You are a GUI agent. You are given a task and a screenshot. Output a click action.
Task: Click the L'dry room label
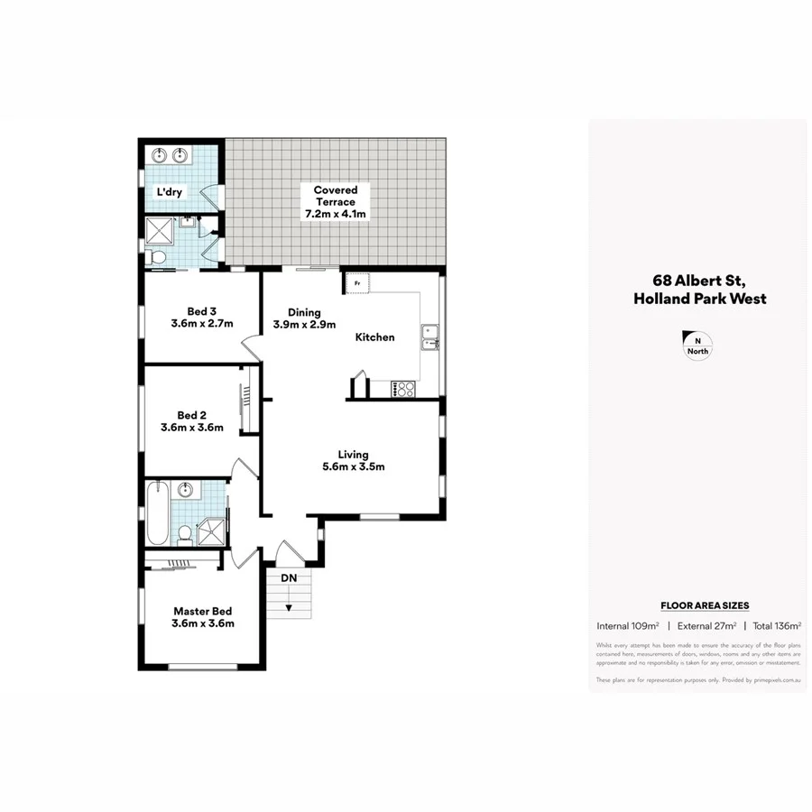171,192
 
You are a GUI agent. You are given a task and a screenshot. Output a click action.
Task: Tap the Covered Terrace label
336,202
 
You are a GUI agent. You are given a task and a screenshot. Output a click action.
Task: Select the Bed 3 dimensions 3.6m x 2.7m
202,323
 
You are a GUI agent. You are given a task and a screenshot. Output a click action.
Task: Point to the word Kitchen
374,337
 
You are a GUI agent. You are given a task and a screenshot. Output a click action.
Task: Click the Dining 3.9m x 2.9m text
305,318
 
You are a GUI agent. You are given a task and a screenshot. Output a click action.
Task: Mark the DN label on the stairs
289,577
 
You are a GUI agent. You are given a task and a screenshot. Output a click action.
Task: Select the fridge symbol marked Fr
357,284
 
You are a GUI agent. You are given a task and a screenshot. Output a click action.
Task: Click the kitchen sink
429,336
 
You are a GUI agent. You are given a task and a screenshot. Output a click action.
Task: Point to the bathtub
155,512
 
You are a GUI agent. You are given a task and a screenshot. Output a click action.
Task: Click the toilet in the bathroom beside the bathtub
184,534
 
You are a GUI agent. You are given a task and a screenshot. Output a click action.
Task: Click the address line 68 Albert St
699,281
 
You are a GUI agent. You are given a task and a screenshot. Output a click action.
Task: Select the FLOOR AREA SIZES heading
705,606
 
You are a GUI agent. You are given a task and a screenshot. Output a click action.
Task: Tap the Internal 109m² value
628,625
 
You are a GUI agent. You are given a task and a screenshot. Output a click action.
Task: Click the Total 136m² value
777,625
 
